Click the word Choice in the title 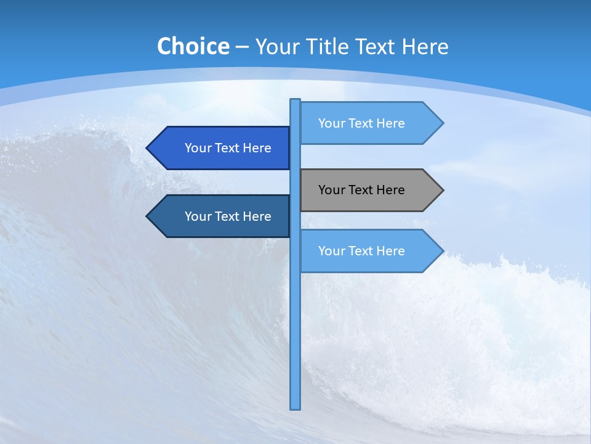coord(193,46)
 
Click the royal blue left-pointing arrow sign coord(222,148)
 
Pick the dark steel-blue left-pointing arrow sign coord(222,216)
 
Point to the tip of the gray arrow coord(442,190)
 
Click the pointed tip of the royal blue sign coord(148,148)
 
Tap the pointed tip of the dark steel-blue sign coord(148,216)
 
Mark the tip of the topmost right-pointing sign coord(442,123)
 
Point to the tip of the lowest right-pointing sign coord(442,251)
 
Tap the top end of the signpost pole coord(295,101)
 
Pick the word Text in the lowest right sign coord(361,251)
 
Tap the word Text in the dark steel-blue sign coord(227,216)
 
